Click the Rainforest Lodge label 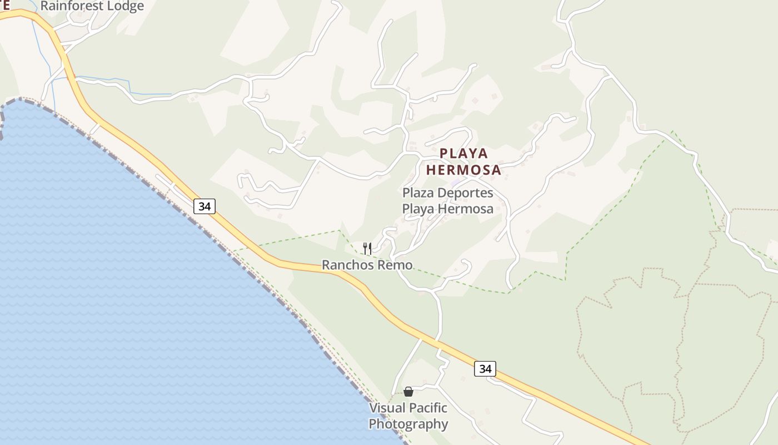tap(92, 6)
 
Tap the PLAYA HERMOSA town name tap(463, 161)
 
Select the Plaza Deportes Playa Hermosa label tap(448, 201)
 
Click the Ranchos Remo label tap(367, 265)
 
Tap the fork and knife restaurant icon tap(367, 248)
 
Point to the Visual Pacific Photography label tap(408, 416)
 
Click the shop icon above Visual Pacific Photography tap(408, 392)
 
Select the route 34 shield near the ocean tap(205, 206)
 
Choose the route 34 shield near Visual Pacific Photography tap(485, 368)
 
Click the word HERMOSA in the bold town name tap(463, 170)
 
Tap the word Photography tap(408, 424)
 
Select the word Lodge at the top tap(125, 6)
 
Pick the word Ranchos tap(349, 265)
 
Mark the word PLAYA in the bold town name tap(463, 153)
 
